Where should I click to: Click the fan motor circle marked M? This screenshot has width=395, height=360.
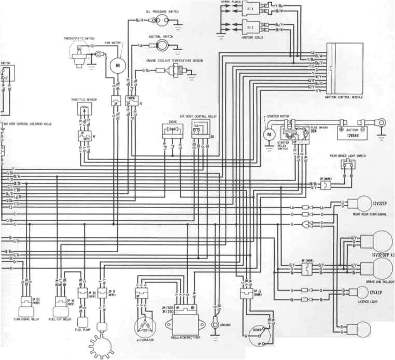(117, 66)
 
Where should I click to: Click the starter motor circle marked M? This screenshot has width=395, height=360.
(269, 134)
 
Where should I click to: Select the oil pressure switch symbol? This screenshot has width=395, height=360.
(162, 20)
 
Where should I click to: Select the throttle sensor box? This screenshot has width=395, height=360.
(83, 110)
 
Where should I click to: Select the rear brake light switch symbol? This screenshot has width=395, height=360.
(348, 164)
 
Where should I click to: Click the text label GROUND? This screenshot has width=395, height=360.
(226, 324)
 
